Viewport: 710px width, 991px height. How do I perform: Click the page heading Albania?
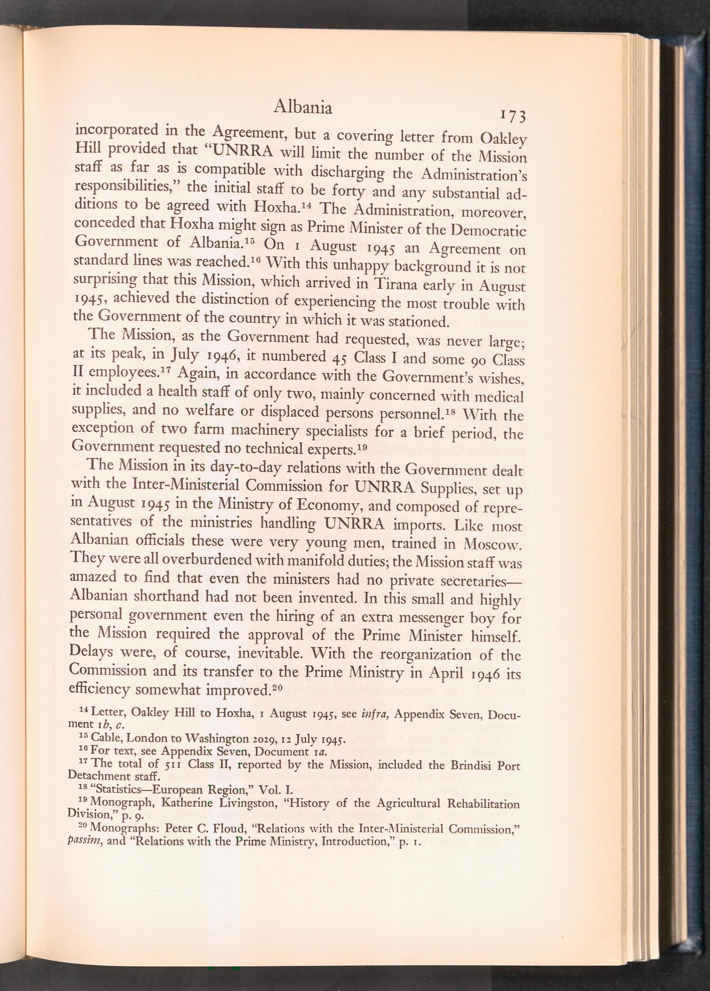(x=302, y=108)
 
